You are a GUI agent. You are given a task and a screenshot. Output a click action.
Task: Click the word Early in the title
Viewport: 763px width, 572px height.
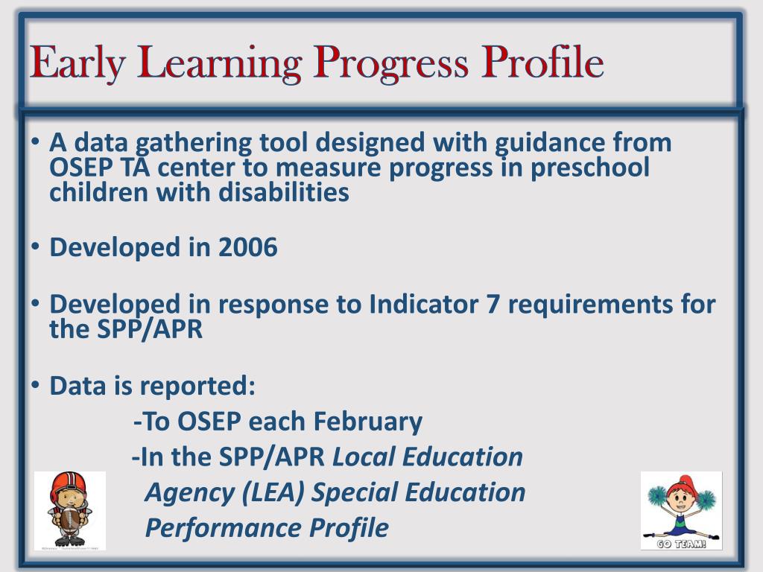pyautogui.click(x=77, y=63)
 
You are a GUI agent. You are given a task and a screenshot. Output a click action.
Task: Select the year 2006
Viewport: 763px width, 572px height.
pyautogui.click(x=247, y=247)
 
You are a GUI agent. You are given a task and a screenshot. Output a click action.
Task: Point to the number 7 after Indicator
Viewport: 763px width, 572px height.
pyautogui.click(x=493, y=304)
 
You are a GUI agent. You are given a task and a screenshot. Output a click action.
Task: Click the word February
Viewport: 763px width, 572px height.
pyautogui.click(x=367, y=422)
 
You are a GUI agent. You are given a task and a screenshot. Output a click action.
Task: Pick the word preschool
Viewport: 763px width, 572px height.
pyautogui.click(x=590, y=168)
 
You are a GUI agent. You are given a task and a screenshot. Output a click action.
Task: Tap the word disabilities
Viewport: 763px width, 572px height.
pyautogui.click(x=284, y=192)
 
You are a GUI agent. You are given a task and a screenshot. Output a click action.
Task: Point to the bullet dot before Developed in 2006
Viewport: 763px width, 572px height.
pyautogui.click(x=35, y=247)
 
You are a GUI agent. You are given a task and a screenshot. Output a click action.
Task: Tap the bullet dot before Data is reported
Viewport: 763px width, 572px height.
pyautogui.click(x=35, y=385)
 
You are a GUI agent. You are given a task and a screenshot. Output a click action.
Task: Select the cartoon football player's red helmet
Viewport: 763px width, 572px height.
pyautogui.click(x=67, y=483)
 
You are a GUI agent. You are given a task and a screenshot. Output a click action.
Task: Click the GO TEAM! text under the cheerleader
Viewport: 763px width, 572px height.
pyautogui.click(x=681, y=543)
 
